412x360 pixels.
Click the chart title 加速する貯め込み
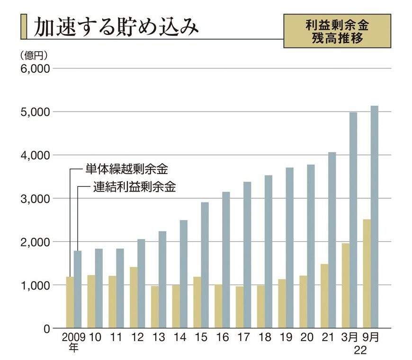click(x=116, y=27)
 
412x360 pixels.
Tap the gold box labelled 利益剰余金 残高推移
click(x=337, y=31)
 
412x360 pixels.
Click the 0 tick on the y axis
click(x=46, y=328)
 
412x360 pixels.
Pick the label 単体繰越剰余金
click(x=126, y=168)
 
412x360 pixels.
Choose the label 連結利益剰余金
click(x=134, y=187)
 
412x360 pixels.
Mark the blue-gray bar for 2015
click(x=205, y=265)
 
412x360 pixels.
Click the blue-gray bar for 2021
click(x=331, y=240)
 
